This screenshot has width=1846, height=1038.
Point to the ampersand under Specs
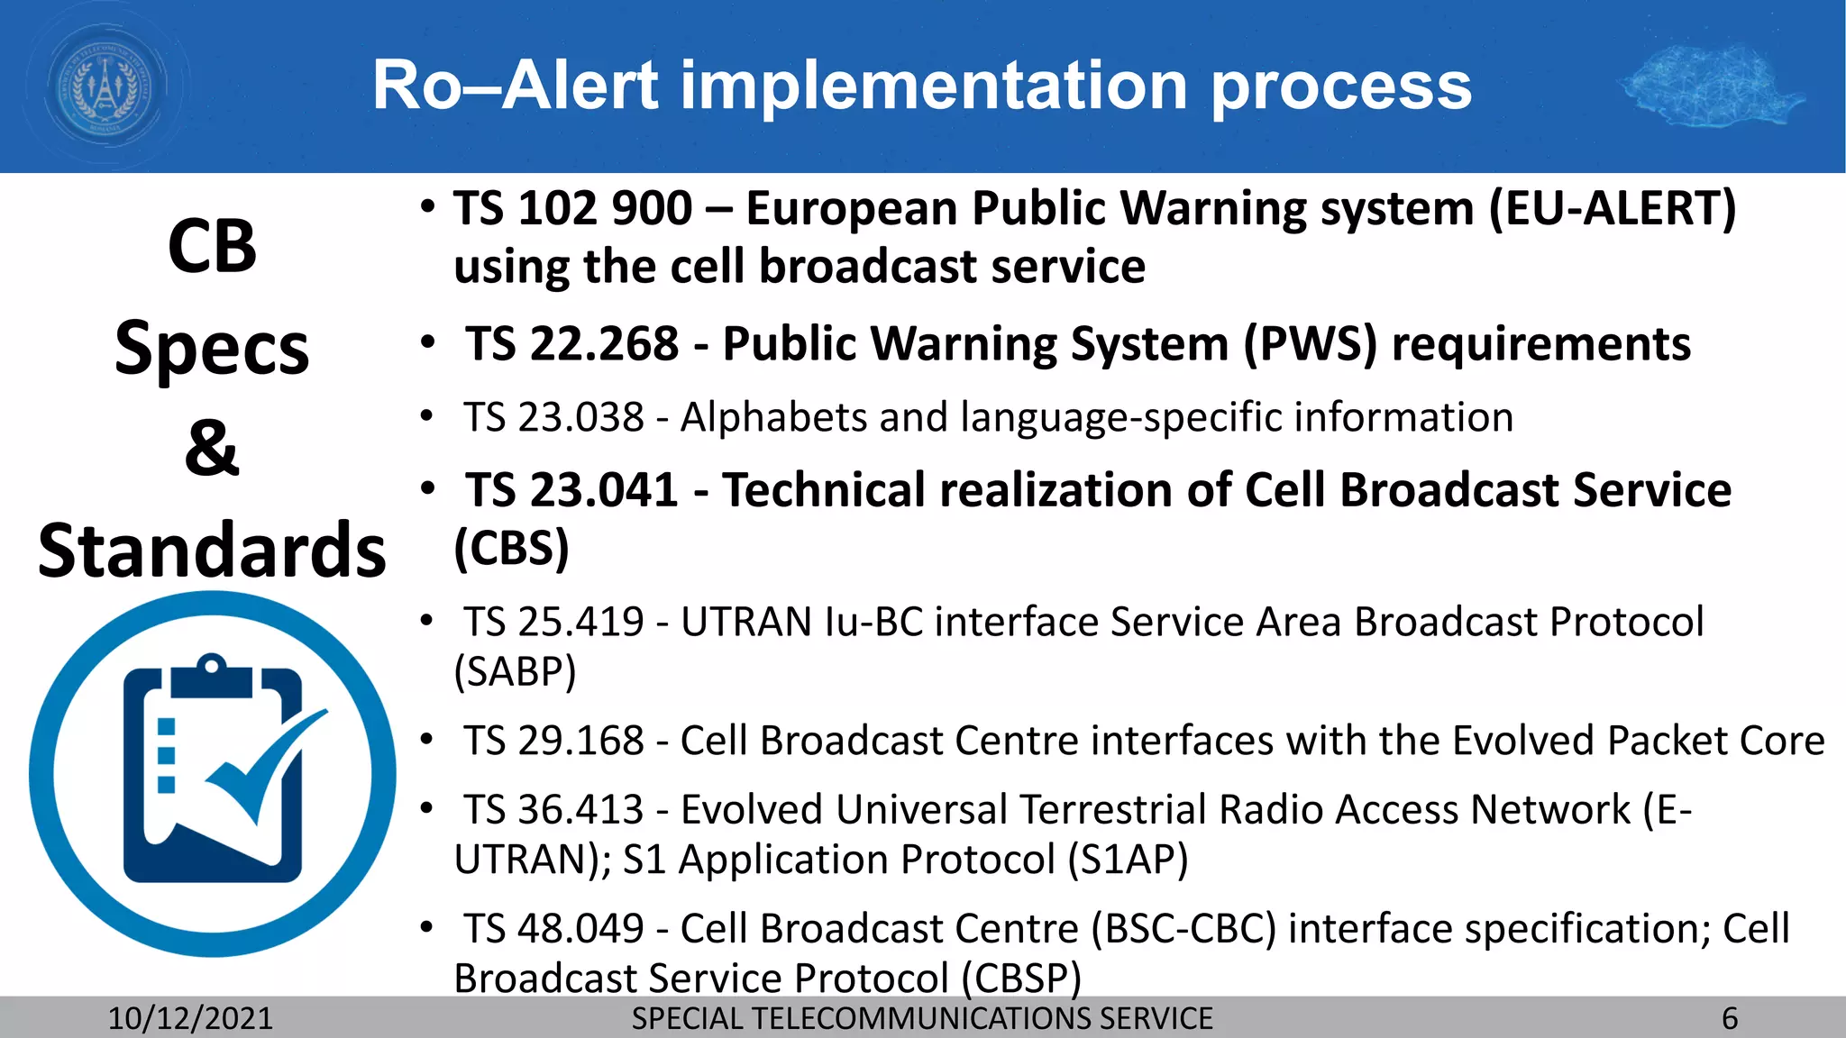pyautogui.click(x=212, y=448)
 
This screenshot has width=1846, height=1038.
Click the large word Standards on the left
pyautogui.click(x=212, y=550)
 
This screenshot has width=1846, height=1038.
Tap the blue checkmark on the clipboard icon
pyautogui.click(x=266, y=766)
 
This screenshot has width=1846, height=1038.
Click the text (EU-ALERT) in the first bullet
pyautogui.click(x=1613, y=208)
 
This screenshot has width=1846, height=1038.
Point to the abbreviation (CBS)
pyautogui.click(x=511, y=549)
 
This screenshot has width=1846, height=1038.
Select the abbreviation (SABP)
pyautogui.click(x=515, y=671)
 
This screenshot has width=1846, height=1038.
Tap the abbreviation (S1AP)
pyautogui.click(x=1128, y=860)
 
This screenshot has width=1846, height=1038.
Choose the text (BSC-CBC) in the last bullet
pyautogui.click(x=1183, y=929)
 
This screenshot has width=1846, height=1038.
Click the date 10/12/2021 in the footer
pyautogui.click(x=190, y=1018)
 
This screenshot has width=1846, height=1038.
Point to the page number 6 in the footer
pyautogui.click(x=1730, y=1018)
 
